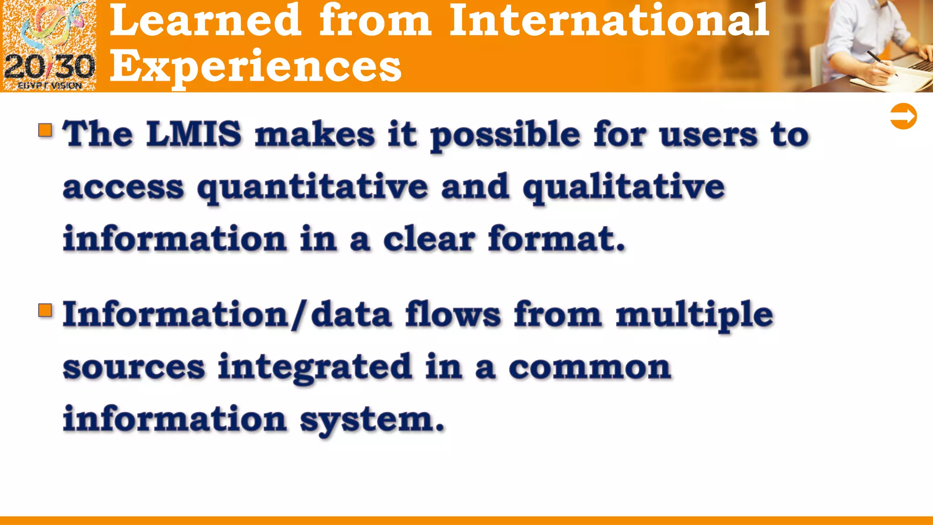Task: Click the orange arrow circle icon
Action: [x=903, y=117]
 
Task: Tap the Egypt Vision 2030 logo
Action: [x=49, y=46]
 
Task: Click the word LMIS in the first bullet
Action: [x=194, y=134]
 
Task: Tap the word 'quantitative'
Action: [x=313, y=187]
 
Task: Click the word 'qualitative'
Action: [x=623, y=187]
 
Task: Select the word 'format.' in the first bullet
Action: [x=556, y=239]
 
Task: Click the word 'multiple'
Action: [x=694, y=315]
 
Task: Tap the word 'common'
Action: [x=590, y=367]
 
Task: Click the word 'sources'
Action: [x=134, y=367]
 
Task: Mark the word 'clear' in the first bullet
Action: [x=429, y=239]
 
